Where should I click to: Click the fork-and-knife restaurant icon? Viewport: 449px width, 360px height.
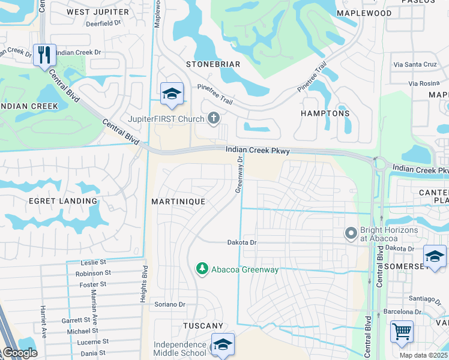(x=44, y=55)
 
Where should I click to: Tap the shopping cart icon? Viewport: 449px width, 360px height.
(x=402, y=331)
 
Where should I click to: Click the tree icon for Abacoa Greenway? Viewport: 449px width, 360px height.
(x=203, y=269)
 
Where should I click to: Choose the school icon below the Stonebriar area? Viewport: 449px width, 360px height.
(x=172, y=93)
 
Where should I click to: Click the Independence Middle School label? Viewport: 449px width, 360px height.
(x=180, y=348)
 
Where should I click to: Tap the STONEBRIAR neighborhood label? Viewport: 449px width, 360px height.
(x=213, y=64)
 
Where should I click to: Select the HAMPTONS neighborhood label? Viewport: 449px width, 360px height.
(x=325, y=113)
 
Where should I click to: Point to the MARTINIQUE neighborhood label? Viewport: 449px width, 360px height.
(x=178, y=202)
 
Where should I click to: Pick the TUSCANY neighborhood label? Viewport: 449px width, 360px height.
(x=203, y=325)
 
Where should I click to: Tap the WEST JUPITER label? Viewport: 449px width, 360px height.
(x=98, y=12)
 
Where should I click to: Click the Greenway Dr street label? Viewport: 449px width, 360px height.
(x=238, y=175)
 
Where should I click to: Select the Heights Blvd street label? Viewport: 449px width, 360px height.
(x=145, y=282)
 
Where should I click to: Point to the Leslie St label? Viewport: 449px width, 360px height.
(x=94, y=263)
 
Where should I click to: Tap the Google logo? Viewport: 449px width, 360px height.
(x=20, y=353)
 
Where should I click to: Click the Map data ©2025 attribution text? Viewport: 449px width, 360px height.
(x=424, y=355)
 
